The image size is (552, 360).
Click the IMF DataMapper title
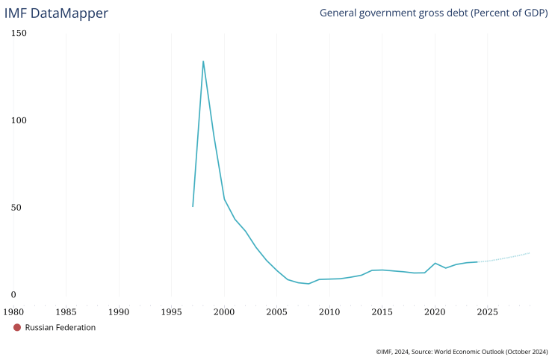click(56, 13)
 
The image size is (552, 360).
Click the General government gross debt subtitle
click(433, 13)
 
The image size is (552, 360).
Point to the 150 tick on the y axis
click(19, 34)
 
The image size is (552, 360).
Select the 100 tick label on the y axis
click(19, 120)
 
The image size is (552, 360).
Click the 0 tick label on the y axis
click(13, 295)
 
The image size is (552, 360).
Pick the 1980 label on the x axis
click(13, 311)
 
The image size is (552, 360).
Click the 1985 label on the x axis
click(66, 311)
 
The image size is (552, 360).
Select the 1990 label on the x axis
click(119, 311)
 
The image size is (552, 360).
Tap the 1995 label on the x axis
click(172, 311)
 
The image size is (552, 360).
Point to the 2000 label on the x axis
click(224, 311)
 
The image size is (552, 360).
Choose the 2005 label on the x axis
click(277, 311)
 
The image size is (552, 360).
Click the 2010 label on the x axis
click(329, 311)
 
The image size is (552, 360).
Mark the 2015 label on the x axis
click(382, 311)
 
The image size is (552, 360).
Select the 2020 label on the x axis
click(435, 311)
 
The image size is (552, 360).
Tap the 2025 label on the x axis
click(488, 311)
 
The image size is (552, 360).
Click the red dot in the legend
click(17, 327)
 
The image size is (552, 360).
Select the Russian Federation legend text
click(61, 327)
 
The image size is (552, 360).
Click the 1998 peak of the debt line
click(203, 61)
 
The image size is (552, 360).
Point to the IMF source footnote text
click(462, 351)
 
